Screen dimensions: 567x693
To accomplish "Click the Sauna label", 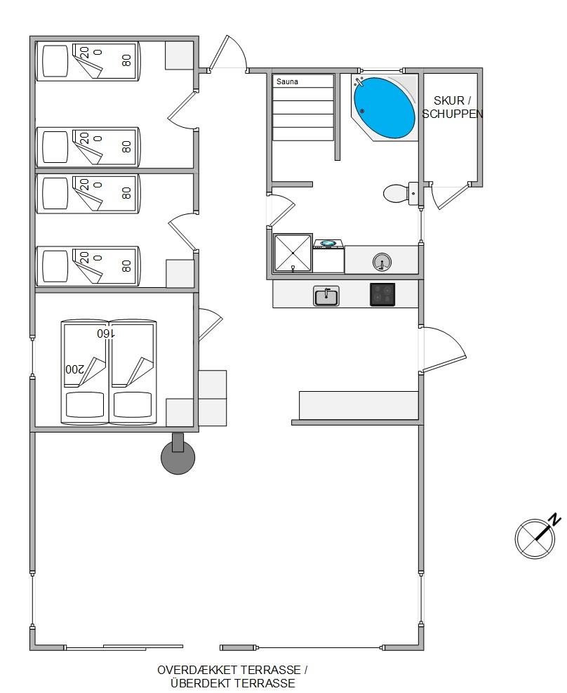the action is pyautogui.click(x=287, y=81).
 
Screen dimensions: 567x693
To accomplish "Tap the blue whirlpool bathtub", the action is pyautogui.click(x=384, y=108).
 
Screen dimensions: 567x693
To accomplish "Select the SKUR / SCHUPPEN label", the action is pyautogui.click(x=452, y=107).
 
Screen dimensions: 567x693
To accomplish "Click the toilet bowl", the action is pyautogui.click(x=396, y=194).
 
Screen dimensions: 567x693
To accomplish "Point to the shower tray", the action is pyautogui.click(x=293, y=253).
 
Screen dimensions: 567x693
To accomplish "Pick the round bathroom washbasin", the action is pyautogui.click(x=382, y=262).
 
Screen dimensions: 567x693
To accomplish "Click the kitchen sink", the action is pyautogui.click(x=326, y=296).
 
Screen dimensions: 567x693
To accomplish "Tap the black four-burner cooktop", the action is pyautogui.click(x=382, y=294).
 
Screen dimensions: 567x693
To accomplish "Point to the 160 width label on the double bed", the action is pyautogui.click(x=106, y=334).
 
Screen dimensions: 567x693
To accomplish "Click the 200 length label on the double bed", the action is pyautogui.click(x=74, y=369).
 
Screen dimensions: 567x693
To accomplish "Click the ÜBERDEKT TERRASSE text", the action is pyautogui.click(x=233, y=683).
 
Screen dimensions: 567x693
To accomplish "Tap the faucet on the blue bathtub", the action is pyautogui.click(x=359, y=81).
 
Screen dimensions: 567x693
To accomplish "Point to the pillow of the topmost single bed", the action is pyautogui.click(x=55, y=61).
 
